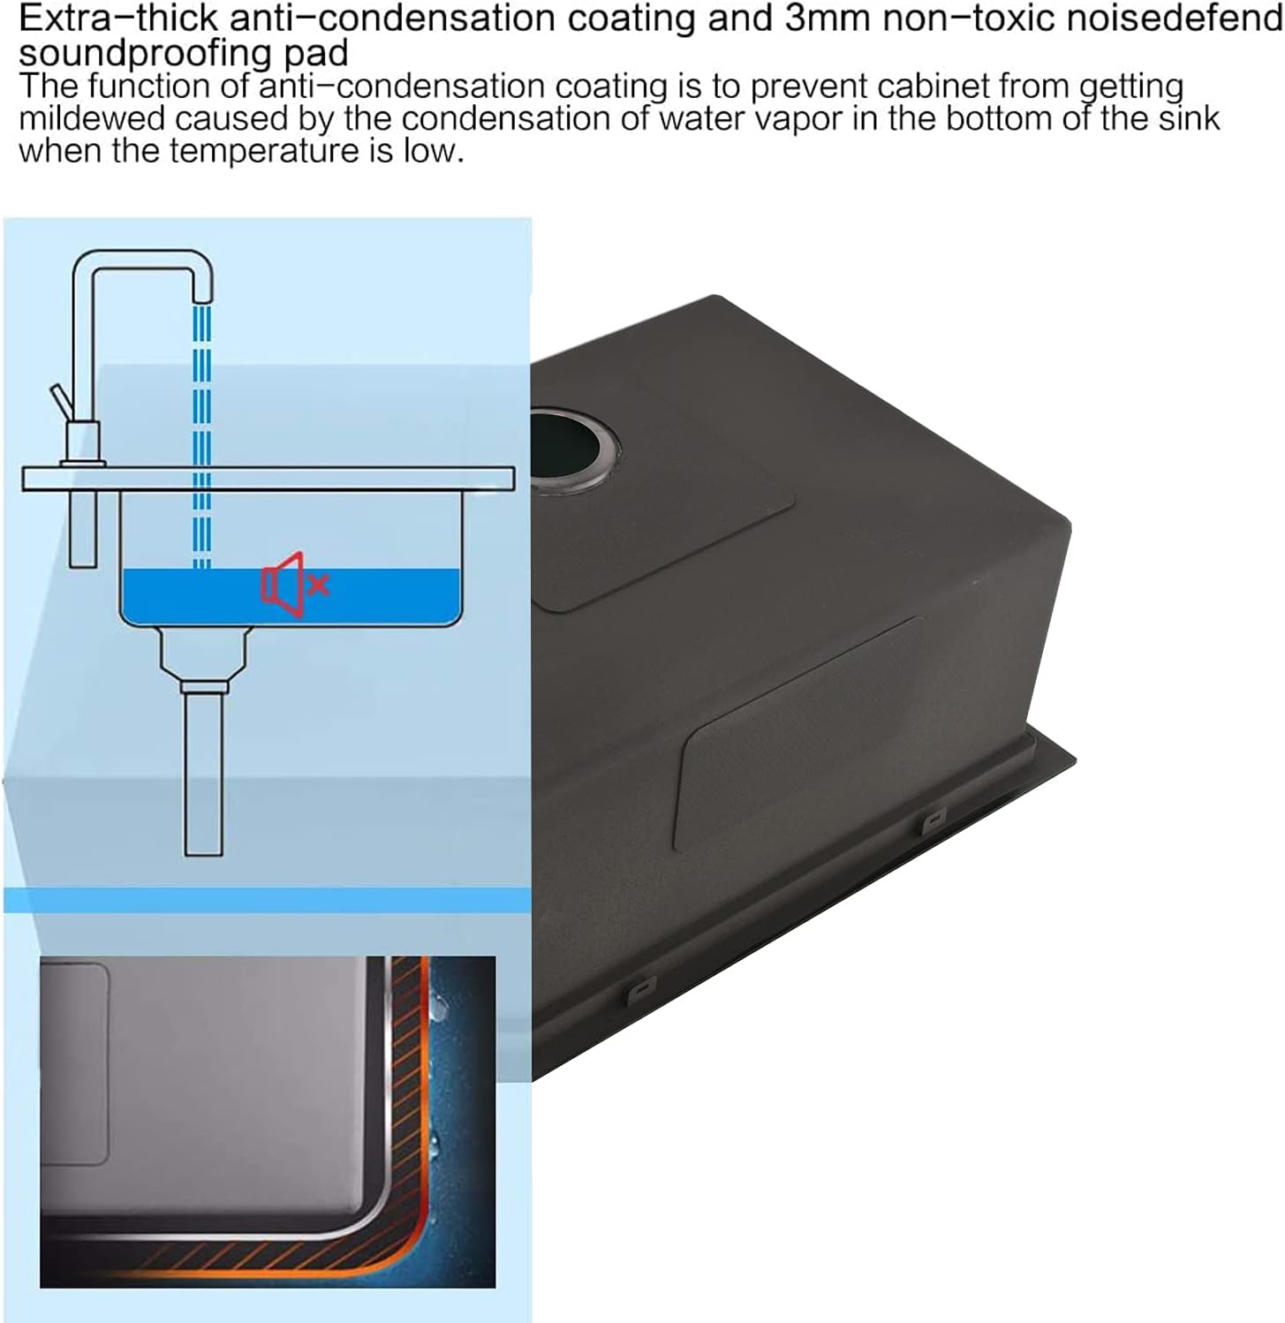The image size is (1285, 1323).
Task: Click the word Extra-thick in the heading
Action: [118, 19]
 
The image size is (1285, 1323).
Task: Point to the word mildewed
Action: [92, 118]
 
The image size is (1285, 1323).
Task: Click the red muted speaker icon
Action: [295, 584]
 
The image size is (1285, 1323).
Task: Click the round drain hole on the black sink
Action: [574, 450]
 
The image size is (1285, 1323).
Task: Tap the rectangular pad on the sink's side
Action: [799, 733]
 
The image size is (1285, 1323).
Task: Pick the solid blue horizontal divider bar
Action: [268, 900]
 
